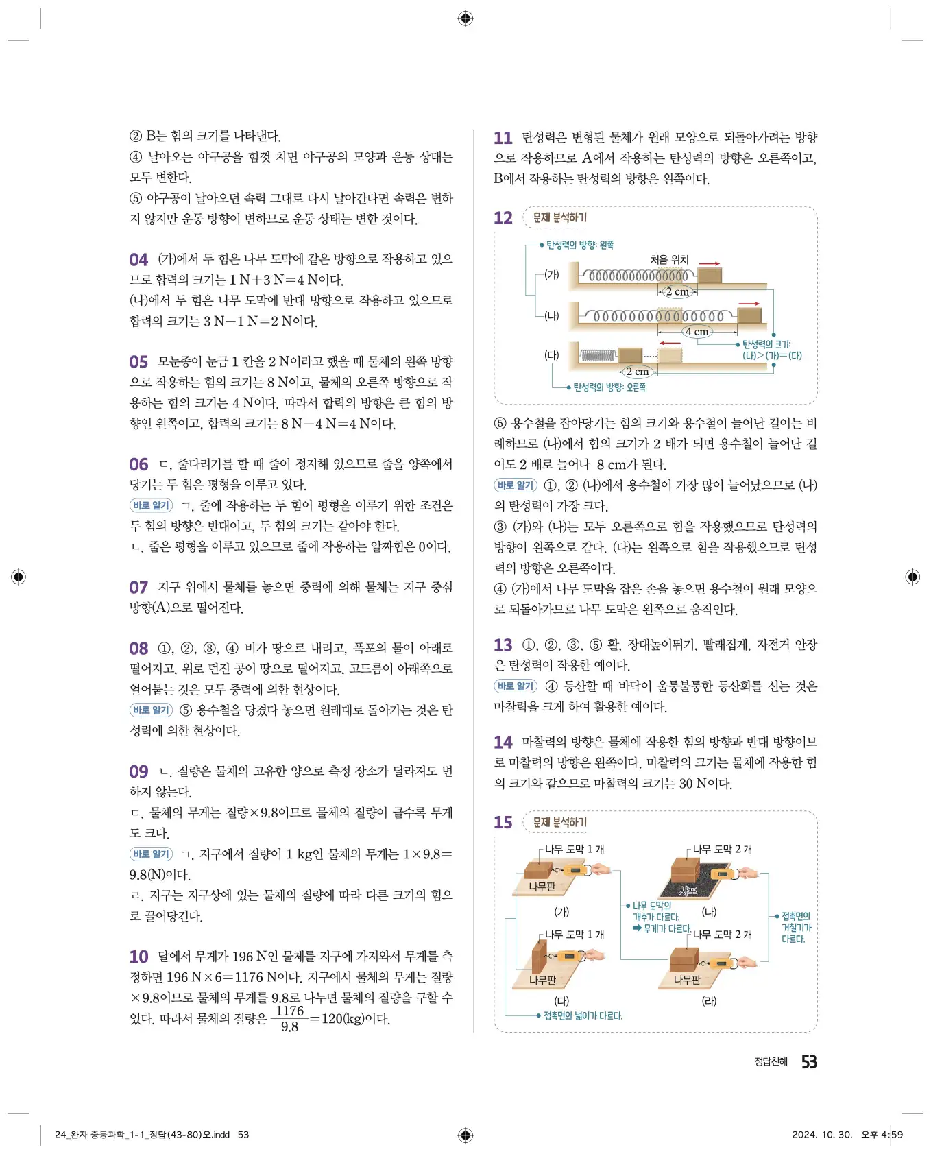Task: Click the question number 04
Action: pyautogui.click(x=138, y=260)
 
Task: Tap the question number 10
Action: pyautogui.click(x=138, y=957)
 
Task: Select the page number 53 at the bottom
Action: pyautogui.click(x=809, y=1061)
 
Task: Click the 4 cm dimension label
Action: pyautogui.click(x=697, y=332)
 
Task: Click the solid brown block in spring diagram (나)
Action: pyautogui.click(x=749, y=315)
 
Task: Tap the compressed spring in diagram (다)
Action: pyautogui.click(x=598, y=355)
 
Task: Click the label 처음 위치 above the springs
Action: pyautogui.click(x=669, y=259)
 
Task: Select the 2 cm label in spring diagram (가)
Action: pyautogui.click(x=677, y=291)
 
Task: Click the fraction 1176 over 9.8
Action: pyautogui.click(x=289, y=1018)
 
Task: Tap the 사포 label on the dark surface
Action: pyautogui.click(x=688, y=891)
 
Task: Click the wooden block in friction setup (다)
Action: pyautogui.click(x=540, y=957)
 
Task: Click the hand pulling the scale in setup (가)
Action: pyautogui.click(x=600, y=869)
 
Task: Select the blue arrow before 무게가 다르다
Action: pyautogui.click(x=637, y=928)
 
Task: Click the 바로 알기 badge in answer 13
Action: pyautogui.click(x=516, y=686)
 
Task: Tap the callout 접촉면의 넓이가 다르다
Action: pyautogui.click(x=583, y=1015)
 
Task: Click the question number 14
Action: pyautogui.click(x=503, y=743)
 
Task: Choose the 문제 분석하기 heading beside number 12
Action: pyautogui.click(x=559, y=217)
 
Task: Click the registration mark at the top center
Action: pyautogui.click(x=465, y=19)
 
